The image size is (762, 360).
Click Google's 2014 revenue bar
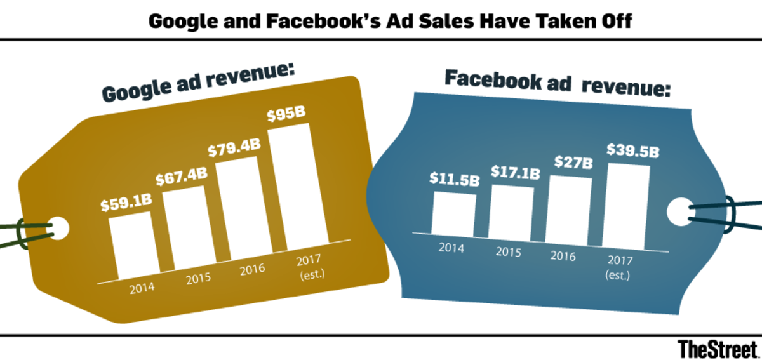[x=132, y=246]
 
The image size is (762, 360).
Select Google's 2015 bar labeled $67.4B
[x=187, y=229]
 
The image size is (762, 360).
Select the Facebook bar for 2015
[x=512, y=211]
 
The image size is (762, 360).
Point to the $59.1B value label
[x=126, y=204]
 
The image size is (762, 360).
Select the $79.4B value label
[x=234, y=150]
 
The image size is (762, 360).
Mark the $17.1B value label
[x=514, y=172]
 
